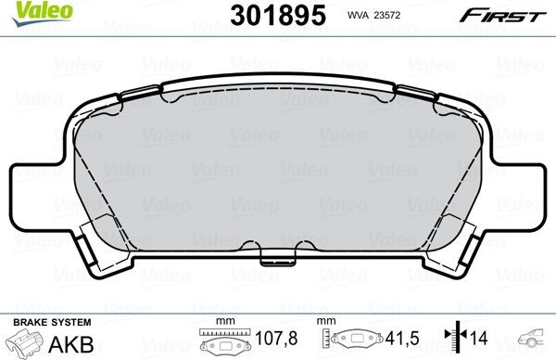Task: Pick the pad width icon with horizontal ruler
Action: (222, 341)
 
